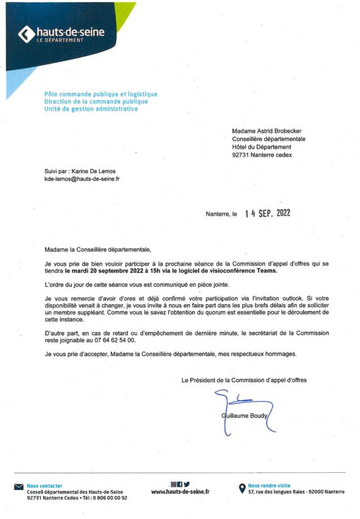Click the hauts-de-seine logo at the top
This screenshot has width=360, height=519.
pyautogui.click(x=61, y=34)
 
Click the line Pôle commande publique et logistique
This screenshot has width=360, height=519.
pyautogui.click(x=101, y=94)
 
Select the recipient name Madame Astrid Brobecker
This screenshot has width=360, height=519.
pyautogui.click(x=266, y=131)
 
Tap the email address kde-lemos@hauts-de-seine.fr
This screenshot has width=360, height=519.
pyautogui.click(x=82, y=179)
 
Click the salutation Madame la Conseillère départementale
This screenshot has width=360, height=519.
pyautogui.click(x=97, y=249)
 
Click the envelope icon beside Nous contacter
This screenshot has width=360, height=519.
pyautogui.click(x=19, y=488)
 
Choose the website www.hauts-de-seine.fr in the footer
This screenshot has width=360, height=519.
pyautogui.click(x=180, y=492)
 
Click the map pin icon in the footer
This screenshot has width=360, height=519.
pyautogui.click(x=242, y=489)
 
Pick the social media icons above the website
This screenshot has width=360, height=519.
pyautogui.click(x=180, y=483)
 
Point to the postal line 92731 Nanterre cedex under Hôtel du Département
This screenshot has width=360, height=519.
pyautogui.click(x=262, y=155)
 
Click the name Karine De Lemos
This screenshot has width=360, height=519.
pyautogui.click(x=94, y=171)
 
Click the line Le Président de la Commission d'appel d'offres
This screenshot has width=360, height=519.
pyautogui.click(x=244, y=379)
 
